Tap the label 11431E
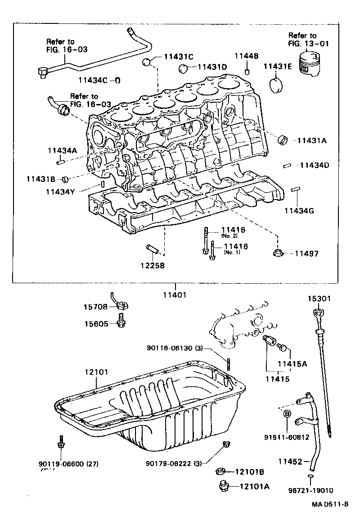pos(278,66)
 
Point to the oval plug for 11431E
pos(277,86)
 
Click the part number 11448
pos(246,56)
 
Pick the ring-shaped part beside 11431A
pos(283,140)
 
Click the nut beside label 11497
pos(277,253)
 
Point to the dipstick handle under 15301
pos(318,313)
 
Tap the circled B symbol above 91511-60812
pos(288,413)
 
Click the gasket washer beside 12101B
pos(220,472)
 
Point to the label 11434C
pos(93,80)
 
